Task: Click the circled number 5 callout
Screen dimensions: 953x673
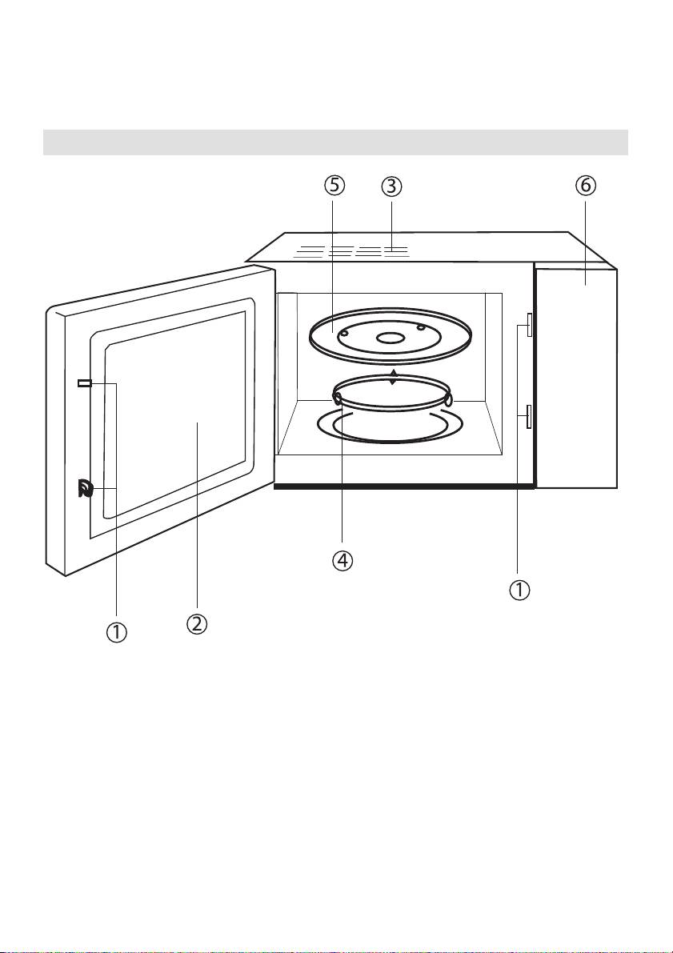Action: (334, 186)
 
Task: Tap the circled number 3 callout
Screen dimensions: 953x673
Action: (390, 186)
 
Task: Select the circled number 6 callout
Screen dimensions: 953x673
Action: (585, 186)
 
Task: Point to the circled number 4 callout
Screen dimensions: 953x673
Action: (343, 561)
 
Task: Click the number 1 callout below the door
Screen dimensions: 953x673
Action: (117, 631)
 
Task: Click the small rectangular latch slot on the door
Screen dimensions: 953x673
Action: (84, 384)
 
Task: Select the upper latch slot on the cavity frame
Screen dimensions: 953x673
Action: (529, 321)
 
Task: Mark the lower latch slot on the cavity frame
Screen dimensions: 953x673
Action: (529, 416)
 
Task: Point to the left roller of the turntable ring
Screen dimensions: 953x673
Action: (338, 397)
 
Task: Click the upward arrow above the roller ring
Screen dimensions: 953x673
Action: (392, 377)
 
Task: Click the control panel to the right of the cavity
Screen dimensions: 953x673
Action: (576, 376)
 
